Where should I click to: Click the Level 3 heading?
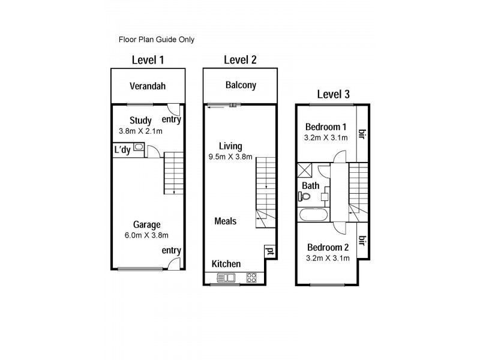(333, 94)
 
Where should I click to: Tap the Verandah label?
(148, 86)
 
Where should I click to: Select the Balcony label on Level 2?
(241, 85)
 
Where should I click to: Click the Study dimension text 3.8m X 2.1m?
(140, 131)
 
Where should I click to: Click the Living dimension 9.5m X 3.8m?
(231, 157)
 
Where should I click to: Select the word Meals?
(226, 221)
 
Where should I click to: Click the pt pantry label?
(269, 251)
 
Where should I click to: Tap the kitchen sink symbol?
(227, 277)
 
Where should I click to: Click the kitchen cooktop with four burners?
(252, 277)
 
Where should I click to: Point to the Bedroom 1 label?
(326, 127)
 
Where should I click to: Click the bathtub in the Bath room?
(313, 214)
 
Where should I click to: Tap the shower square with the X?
(305, 170)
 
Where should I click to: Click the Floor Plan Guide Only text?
(156, 40)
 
